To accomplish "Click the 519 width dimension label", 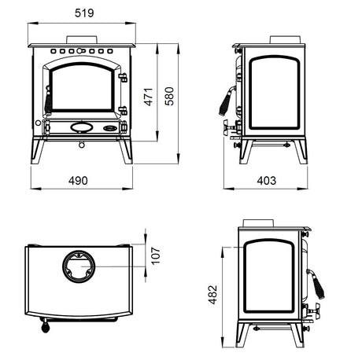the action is [84, 13].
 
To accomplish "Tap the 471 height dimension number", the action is [149, 97].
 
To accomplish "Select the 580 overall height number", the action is [169, 96].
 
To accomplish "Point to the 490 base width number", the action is [78, 181].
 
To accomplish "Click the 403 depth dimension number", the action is [267, 181].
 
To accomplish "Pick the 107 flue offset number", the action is [156, 255].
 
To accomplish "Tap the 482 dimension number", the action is [212, 295].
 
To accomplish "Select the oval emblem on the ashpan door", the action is [82, 127].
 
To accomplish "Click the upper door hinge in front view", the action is [123, 78].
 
